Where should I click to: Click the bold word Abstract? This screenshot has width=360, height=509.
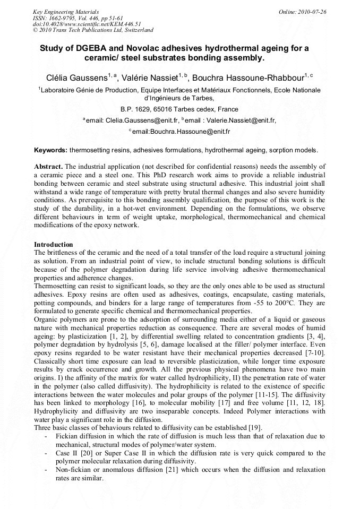(48, 166)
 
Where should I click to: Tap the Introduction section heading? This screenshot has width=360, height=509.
(54, 244)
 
